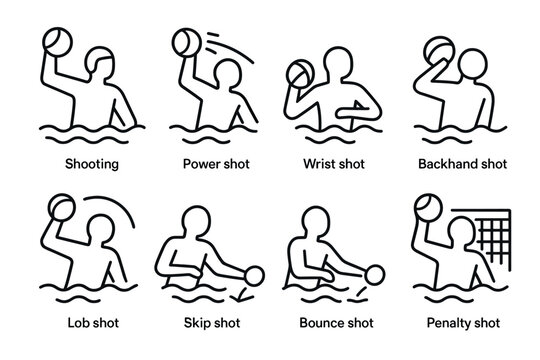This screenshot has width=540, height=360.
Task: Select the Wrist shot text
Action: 333,163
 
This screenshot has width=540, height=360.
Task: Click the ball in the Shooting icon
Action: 54,42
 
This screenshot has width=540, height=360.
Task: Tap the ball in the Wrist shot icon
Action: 300,73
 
